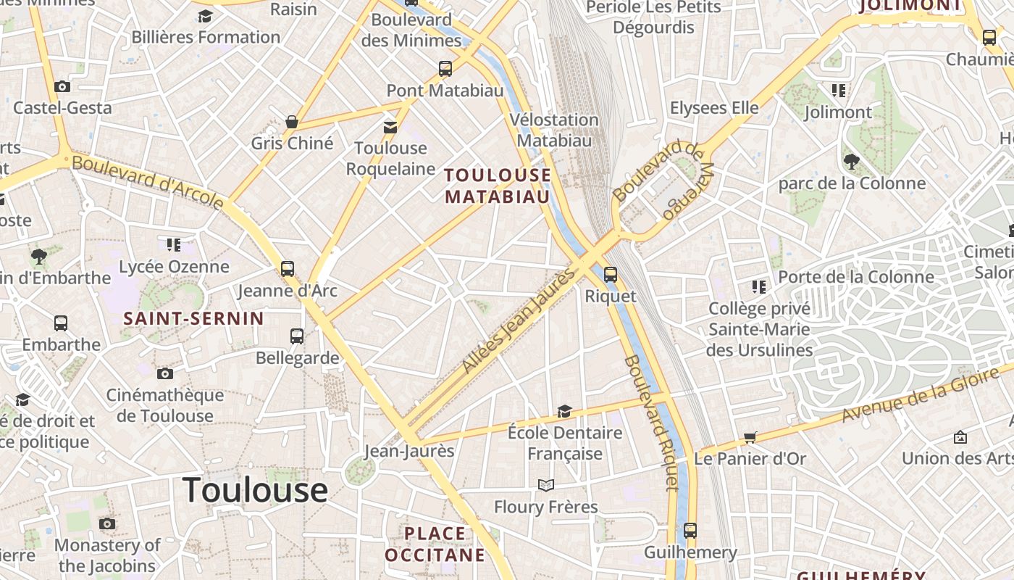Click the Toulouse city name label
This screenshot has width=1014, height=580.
click(255, 490)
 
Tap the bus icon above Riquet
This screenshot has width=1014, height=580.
click(611, 275)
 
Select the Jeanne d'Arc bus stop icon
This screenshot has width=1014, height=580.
click(288, 269)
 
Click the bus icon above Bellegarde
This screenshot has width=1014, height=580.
click(297, 336)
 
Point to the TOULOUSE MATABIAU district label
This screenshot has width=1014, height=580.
click(498, 186)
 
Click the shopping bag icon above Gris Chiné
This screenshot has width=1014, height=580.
click(292, 122)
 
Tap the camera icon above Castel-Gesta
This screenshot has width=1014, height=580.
click(62, 87)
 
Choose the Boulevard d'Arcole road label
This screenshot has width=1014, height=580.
click(148, 181)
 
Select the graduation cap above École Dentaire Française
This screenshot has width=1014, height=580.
click(564, 412)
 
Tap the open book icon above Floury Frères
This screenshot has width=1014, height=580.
click(545, 485)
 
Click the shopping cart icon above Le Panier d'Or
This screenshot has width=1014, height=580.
click(750, 438)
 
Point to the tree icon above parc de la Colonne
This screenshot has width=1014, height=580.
click(852, 162)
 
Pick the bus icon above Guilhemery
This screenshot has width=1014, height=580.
click(690, 531)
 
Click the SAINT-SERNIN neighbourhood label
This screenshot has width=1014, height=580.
click(193, 318)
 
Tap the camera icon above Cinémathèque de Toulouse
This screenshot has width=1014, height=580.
click(165, 374)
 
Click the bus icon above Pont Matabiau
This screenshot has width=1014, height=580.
click(445, 69)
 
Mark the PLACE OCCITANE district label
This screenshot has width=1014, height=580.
click(435, 544)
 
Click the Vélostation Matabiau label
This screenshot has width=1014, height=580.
click(554, 130)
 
